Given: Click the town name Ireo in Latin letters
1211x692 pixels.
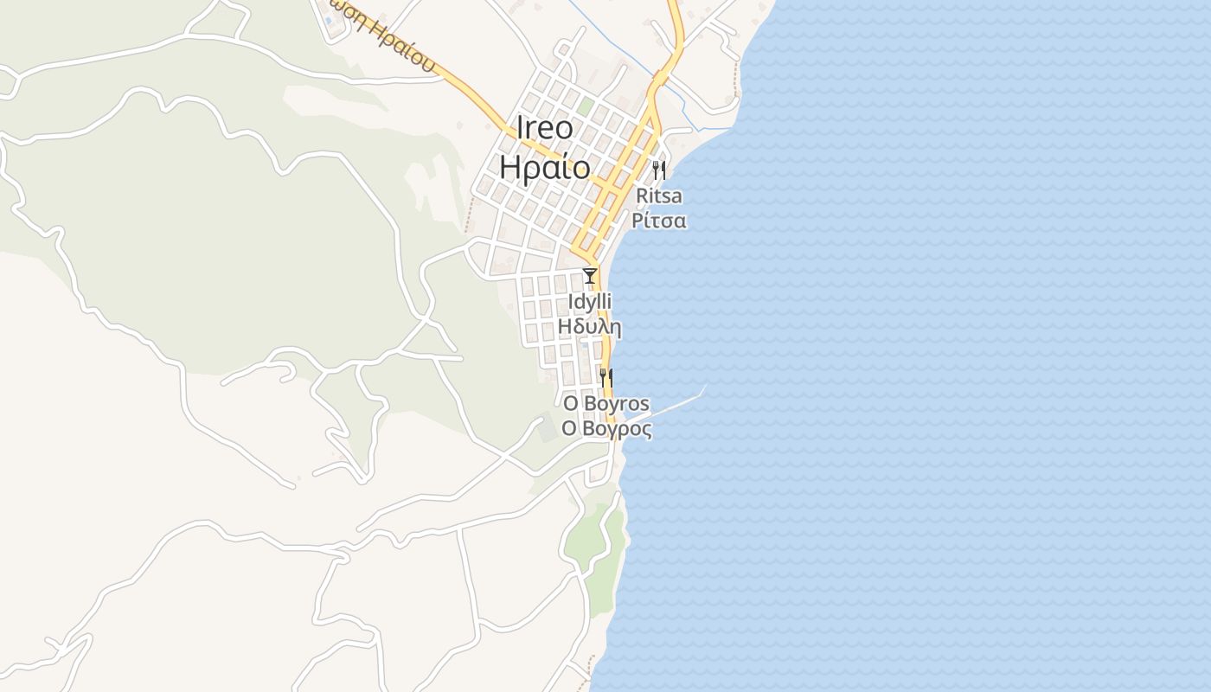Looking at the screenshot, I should tap(544, 128).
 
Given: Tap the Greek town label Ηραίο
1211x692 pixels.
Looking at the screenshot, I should tap(544, 167).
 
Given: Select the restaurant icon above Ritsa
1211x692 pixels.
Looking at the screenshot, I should tap(659, 170).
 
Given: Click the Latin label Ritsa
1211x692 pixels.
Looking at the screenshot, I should tap(658, 195).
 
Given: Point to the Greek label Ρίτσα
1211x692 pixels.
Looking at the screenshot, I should tap(658, 221).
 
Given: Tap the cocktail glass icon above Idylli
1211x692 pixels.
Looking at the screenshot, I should tap(590, 276).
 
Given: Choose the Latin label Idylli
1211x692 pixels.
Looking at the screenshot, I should tap(589, 302).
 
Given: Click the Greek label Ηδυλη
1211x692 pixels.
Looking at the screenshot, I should tap(589, 327).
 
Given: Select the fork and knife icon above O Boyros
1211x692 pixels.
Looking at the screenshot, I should tap(606, 377).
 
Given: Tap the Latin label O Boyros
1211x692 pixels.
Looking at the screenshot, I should tap(605, 403).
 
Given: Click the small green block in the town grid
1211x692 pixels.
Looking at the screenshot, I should tap(586, 106).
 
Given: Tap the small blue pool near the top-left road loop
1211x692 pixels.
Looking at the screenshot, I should tap(330, 21).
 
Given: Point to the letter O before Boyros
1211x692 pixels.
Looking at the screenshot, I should tap(570, 403).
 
